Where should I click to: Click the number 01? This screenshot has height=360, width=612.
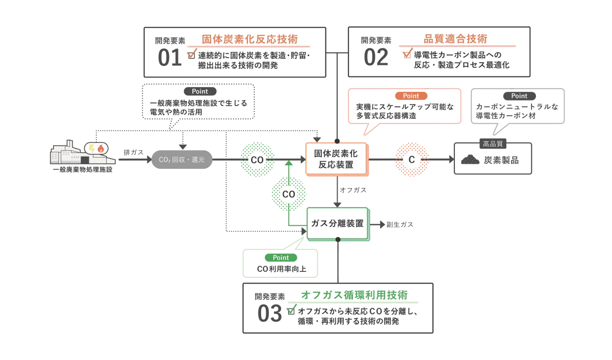[170, 58]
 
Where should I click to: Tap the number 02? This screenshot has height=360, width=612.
[376, 58]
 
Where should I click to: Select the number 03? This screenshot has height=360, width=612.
[269, 314]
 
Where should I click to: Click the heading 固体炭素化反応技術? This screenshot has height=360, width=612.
[249, 39]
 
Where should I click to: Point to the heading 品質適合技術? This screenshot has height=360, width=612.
[455, 39]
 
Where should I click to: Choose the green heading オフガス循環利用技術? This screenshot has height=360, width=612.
[354, 295]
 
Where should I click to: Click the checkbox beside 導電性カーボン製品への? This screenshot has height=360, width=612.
[407, 54]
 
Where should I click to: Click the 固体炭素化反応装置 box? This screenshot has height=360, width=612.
[336, 159]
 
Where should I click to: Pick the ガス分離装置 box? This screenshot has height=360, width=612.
[338, 223]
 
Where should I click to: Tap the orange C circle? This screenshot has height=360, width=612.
[412, 160]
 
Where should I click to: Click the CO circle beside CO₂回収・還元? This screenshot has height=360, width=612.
[257, 160]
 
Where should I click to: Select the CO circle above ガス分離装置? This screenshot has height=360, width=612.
[288, 194]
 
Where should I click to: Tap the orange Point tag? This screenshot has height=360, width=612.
[411, 96]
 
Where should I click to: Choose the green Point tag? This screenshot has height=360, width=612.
[280, 258]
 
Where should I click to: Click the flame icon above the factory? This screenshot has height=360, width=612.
[101, 148]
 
